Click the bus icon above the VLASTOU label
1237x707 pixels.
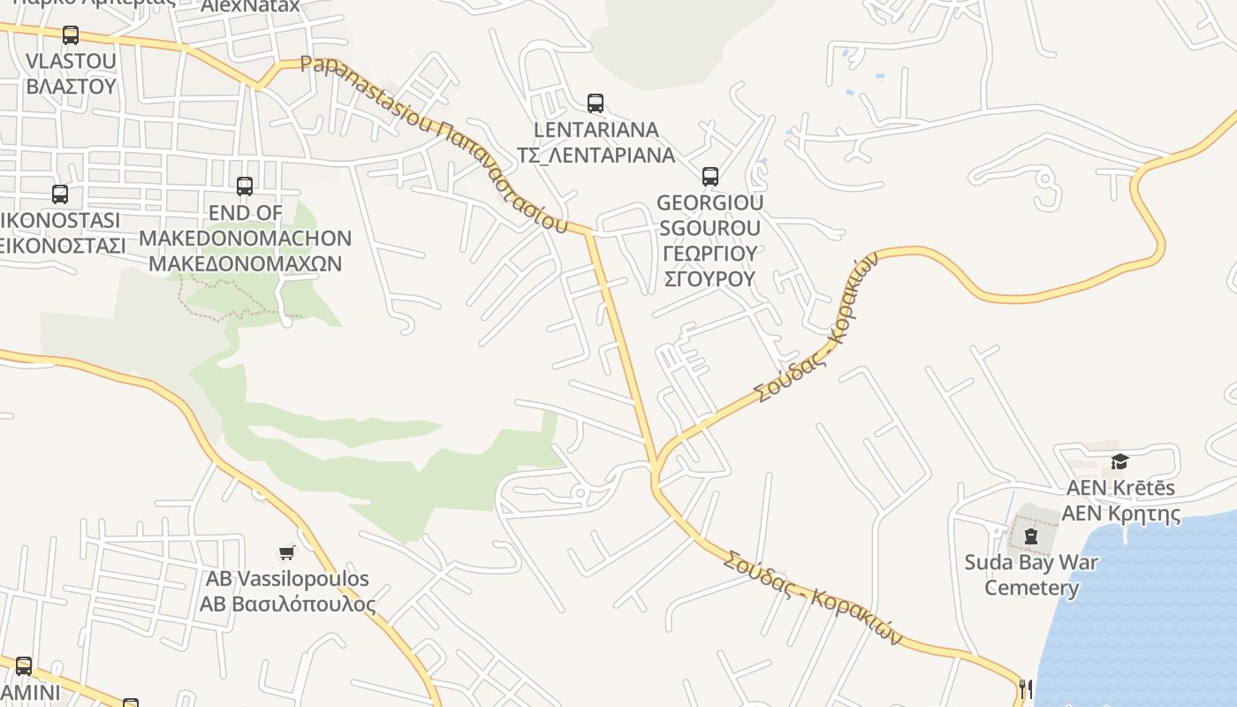coord(71,35)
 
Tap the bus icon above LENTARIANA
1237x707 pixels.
coord(596,103)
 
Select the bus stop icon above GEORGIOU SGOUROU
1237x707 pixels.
coord(710,176)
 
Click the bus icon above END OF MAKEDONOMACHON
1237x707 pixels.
coord(245,186)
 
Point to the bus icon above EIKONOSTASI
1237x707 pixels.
coord(60,194)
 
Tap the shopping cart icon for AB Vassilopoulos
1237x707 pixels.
coord(286,553)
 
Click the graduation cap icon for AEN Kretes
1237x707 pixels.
coord(1119,461)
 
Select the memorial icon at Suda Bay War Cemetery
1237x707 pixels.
coord(1030,536)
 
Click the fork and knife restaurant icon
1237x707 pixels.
coord(1026,688)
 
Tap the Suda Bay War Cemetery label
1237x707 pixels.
coord(1031,575)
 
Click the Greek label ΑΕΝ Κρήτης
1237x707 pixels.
coord(1120,513)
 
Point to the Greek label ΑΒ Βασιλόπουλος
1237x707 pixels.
coord(287,604)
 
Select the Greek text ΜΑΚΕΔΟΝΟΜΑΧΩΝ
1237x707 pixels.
coord(245,263)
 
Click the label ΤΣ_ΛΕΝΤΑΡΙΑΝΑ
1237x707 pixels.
coord(596,156)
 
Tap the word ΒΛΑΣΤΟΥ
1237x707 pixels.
coord(72,86)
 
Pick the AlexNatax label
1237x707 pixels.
coord(251,7)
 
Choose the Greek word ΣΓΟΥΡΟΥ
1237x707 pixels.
coord(710,278)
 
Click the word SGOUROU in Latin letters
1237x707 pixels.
coord(710,228)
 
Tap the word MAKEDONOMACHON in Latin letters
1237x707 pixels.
coord(245,238)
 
